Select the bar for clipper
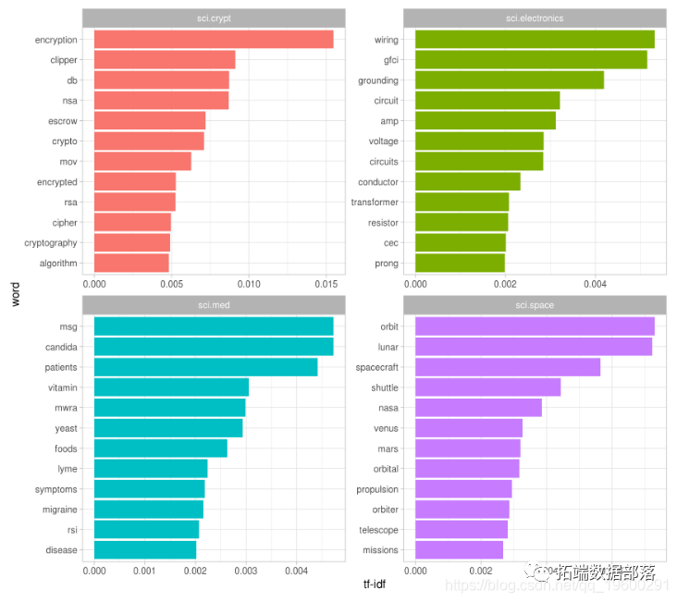pos(165,60)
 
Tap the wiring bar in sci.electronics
pos(535,40)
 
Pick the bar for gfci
pos(531,60)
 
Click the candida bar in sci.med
pos(214,347)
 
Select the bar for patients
pos(205,367)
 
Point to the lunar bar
pos(534,347)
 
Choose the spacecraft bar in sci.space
pos(508,367)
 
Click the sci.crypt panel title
pos(214,18)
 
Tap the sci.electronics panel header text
pos(535,18)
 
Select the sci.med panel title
pos(214,305)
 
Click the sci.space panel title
pos(535,305)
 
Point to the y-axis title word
pos(16,294)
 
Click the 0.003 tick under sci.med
pos(245,571)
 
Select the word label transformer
pos(375,203)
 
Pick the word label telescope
pos(378,530)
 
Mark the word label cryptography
pos(51,243)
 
